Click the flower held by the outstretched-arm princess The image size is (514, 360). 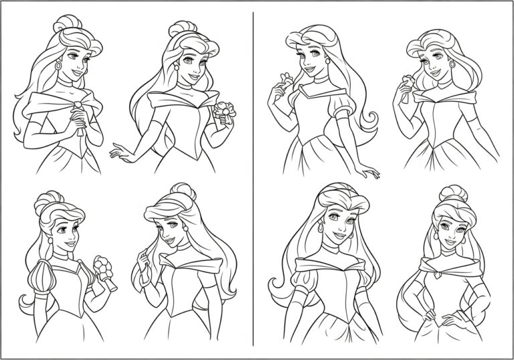[223, 111]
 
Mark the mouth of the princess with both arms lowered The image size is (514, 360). [340, 235]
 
